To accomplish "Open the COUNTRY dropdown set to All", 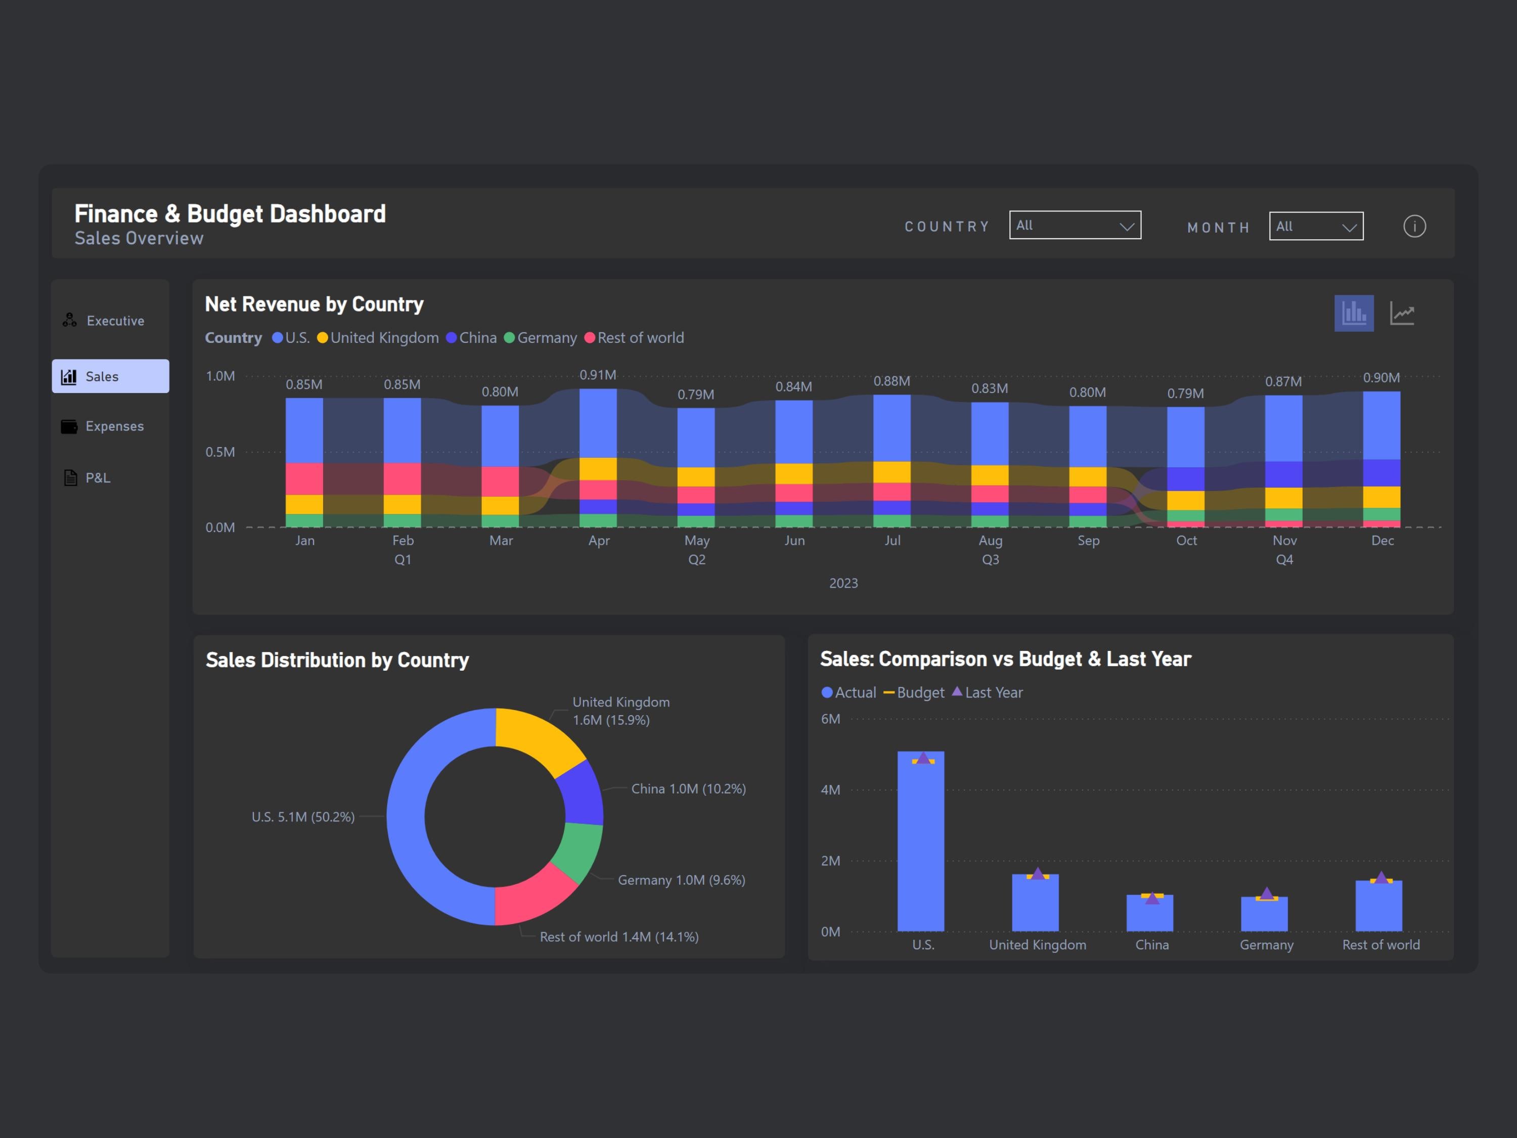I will point(1074,226).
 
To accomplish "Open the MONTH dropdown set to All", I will point(1315,227).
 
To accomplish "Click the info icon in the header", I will point(1414,227).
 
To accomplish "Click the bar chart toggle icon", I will point(1353,314).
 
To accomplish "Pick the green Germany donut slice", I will point(577,851).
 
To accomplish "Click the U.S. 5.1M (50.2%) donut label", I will point(303,817).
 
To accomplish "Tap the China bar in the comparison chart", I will point(1149,916).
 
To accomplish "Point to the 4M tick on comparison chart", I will point(830,790).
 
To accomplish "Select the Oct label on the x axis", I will point(1186,541).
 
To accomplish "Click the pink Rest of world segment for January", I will point(304,479).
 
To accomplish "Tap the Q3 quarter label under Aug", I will point(990,560).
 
